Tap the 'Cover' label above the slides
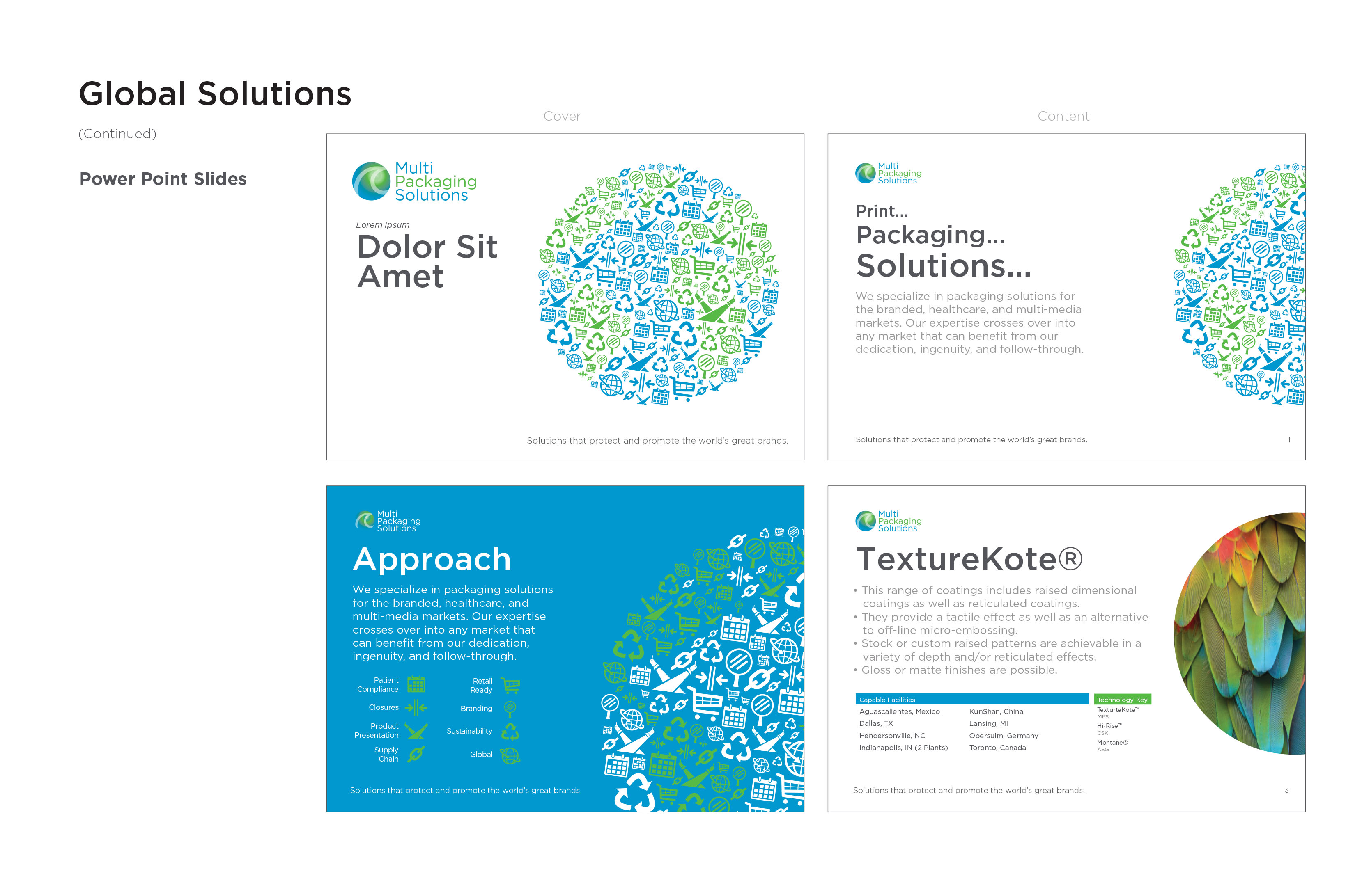pos(562,116)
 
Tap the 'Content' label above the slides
pos(1063,116)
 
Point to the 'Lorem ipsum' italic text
pos(382,225)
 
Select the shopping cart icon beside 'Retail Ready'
pos(510,686)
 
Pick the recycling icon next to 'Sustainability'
pos(510,732)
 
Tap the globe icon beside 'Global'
pos(510,755)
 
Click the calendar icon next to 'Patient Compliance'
pos(416,684)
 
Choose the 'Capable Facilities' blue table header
pos(971,699)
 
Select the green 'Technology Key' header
pos(1122,699)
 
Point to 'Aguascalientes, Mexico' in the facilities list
pos(899,711)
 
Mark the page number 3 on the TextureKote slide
pos(1286,790)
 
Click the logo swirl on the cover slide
pos(371,181)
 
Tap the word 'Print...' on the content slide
pos(882,211)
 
